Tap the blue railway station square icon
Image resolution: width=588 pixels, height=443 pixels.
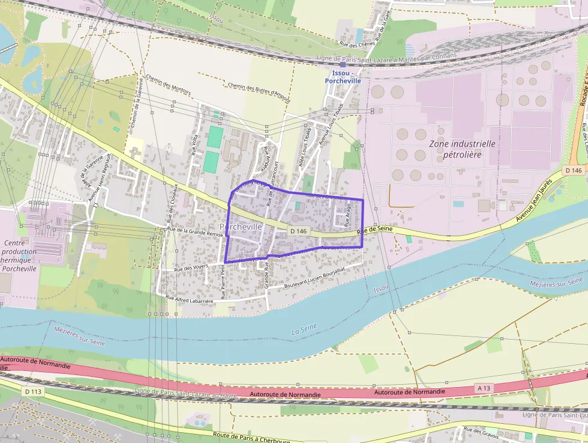343,65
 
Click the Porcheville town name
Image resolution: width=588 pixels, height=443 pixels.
241,227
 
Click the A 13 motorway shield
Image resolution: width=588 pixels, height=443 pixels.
484,388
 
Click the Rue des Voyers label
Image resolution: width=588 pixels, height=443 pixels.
190,269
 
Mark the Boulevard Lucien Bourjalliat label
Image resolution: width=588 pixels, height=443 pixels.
315,279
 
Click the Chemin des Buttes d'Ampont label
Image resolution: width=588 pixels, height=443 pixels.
259,89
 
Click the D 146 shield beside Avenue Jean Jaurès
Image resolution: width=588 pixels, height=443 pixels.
574,171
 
